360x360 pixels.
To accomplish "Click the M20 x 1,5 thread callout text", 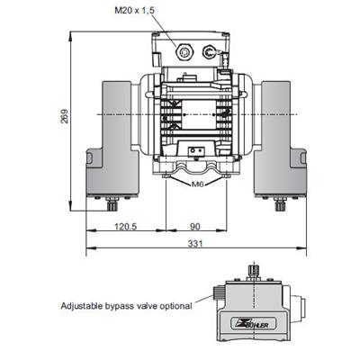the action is coord(135,11).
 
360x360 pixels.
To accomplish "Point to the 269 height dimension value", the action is coord(65,116).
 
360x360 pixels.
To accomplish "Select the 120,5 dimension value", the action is coord(126,226).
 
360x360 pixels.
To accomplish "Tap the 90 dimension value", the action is coord(195,226).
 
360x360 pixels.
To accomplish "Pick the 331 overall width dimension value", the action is coord(195,243).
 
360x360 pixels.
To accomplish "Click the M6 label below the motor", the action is coord(197,184).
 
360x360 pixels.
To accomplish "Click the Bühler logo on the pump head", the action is coord(254,324).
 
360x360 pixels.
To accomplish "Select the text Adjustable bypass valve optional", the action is coord(126,306).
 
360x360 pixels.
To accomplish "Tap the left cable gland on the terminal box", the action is coord(184,52).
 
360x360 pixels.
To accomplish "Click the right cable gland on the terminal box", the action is coord(209,51).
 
